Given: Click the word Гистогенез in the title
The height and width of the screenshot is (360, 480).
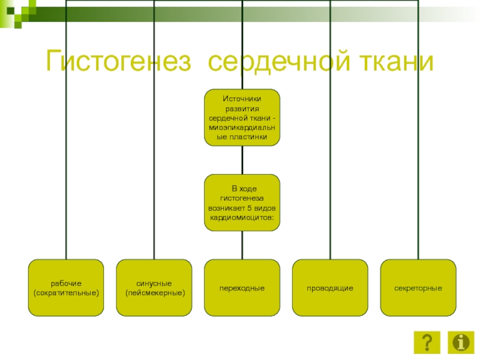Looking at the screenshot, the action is click(120, 62).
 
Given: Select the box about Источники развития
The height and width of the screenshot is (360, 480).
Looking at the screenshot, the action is click(242, 118).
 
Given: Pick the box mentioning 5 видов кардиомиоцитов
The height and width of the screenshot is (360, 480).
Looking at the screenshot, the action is click(242, 203).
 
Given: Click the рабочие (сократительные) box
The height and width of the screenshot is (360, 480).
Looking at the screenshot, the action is click(66, 287).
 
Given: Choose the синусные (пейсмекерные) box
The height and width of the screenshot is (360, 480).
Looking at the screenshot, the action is click(154, 287).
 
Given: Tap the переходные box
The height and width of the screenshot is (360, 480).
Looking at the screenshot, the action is click(242, 287).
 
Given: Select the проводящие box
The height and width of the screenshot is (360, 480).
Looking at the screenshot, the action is click(330, 287).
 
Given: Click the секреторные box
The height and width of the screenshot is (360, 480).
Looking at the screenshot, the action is click(418, 287).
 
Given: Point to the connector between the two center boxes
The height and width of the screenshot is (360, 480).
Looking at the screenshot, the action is click(242, 160).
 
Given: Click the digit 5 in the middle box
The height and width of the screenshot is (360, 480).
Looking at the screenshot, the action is click(249, 207).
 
